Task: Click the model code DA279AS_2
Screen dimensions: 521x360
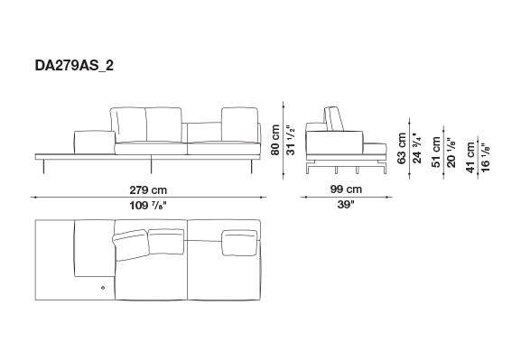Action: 74,66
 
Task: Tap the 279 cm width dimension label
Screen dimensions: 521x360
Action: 148,190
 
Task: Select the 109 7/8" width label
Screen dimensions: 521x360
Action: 148,206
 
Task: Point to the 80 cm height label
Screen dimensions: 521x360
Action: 275,140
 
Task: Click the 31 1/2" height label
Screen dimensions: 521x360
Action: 291,140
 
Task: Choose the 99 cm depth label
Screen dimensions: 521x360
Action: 346,189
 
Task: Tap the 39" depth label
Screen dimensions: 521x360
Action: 346,205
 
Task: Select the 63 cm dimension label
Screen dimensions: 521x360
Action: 402,148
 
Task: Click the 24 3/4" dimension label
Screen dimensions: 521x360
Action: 416,148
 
